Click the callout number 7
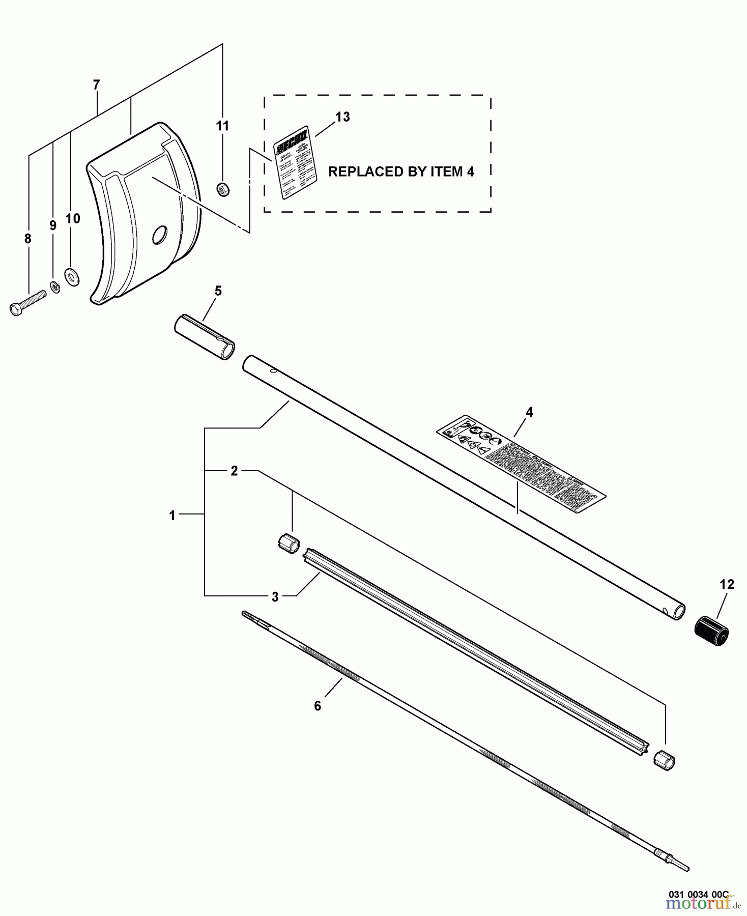[x=97, y=85]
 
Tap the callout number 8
[x=27, y=238]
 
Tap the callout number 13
[x=342, y=117]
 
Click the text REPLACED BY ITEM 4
[x=401, y=172]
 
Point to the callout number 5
[x=218, y=291]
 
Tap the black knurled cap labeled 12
[x=712, y=630]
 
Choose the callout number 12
[x=727, y=585]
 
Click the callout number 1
[x=172, y=516]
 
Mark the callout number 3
[x=275, y=596]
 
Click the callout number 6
[x=318, y=706]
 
